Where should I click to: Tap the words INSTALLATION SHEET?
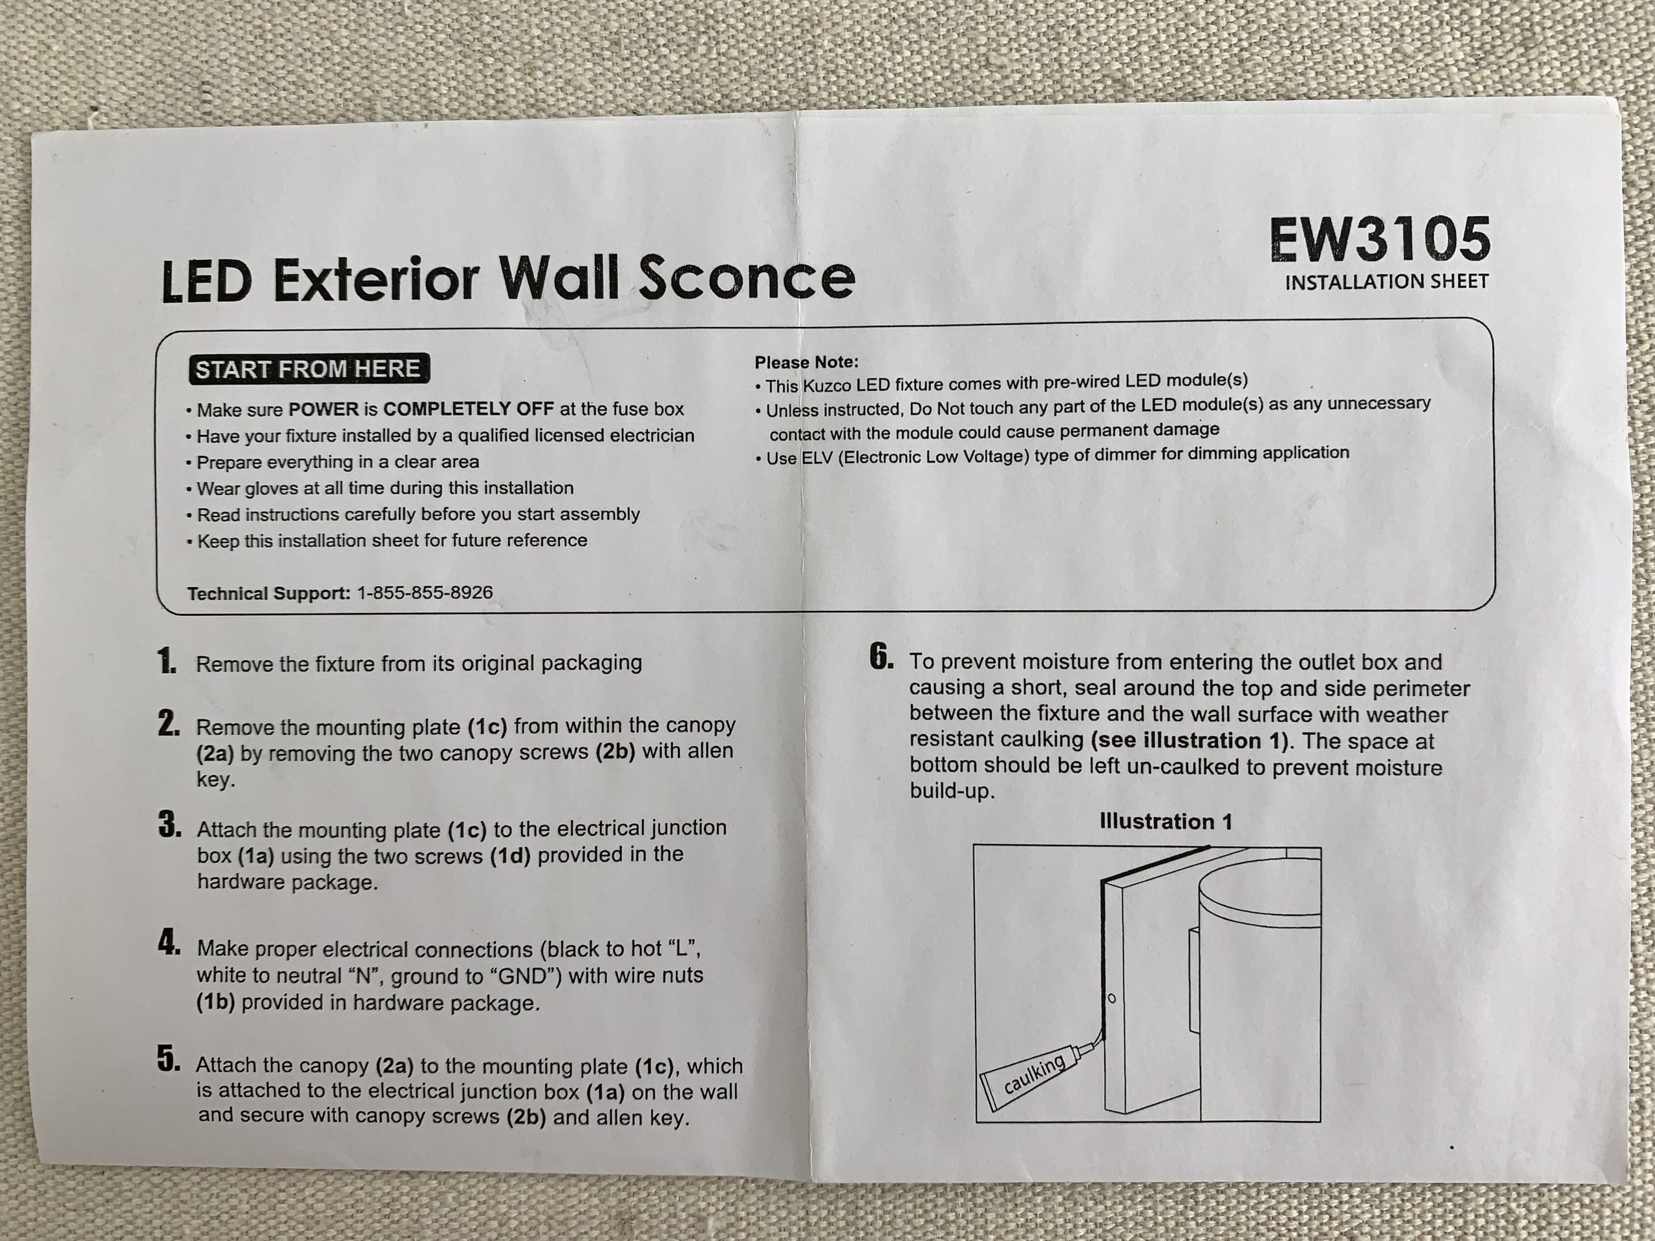[1387, 282]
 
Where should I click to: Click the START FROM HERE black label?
[309, 369]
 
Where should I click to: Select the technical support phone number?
[425, 593]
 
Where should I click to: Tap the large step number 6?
[881, 657]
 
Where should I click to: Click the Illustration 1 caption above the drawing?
[1166, 822]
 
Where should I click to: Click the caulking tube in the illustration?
[1036, 1074]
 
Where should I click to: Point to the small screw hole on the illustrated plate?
[1111, 998]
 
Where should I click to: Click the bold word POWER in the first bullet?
[324, 410]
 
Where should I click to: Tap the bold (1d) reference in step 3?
[509, 855]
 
